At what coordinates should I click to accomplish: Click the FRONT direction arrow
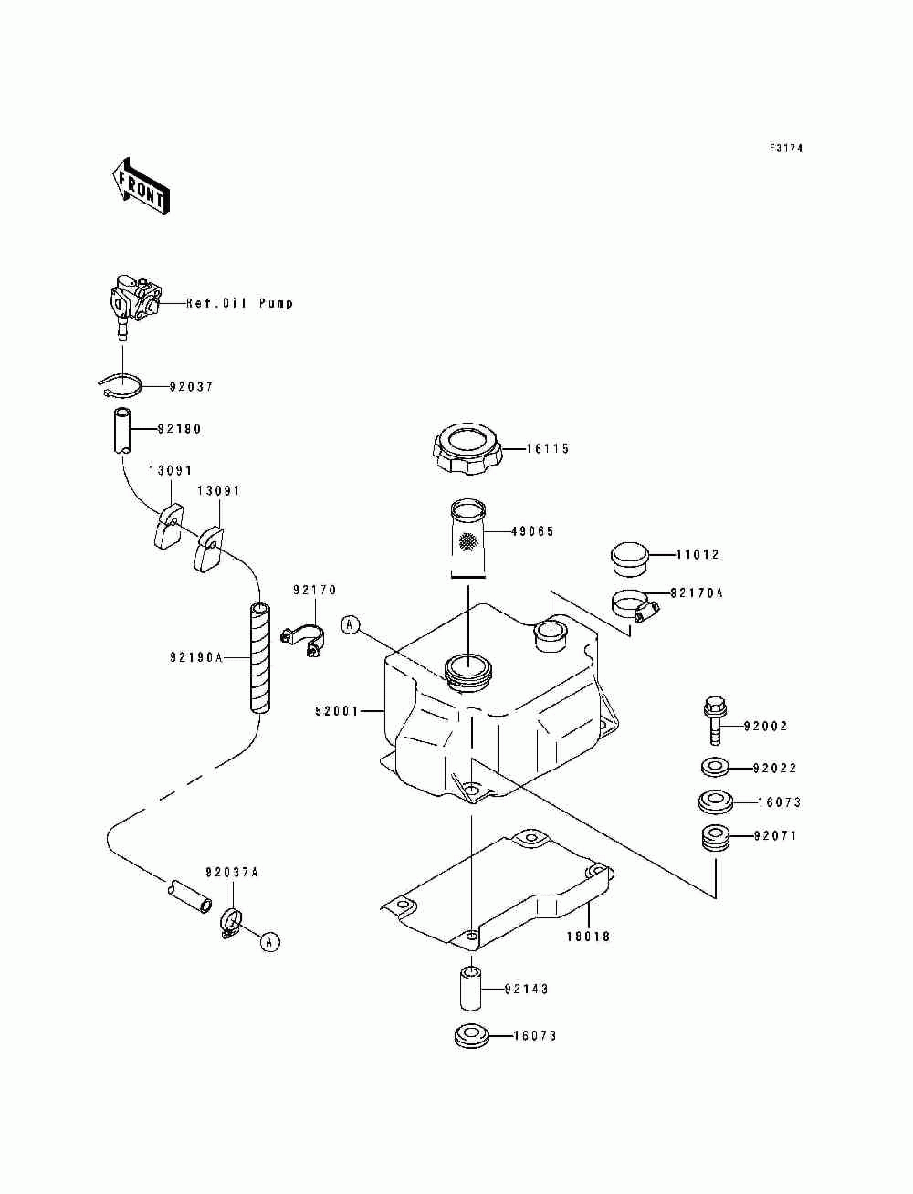click(140, 186)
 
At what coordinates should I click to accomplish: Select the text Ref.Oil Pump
click(239, 304)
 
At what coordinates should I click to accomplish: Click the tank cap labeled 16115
click(467, 450)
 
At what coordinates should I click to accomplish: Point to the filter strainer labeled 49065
click(467, 539)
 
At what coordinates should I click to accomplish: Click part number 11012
click(697, 555)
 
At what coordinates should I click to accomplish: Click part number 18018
click(588, 937)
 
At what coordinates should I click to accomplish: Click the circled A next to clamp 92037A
click(270, 941)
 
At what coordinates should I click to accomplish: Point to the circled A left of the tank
click(351, 625)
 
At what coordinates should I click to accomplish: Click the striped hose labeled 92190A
click(259, 657)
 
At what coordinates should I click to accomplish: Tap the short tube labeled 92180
click(122, 431)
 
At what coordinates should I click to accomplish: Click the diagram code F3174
click(786, 147)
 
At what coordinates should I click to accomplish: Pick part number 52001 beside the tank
click(337, 710)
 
